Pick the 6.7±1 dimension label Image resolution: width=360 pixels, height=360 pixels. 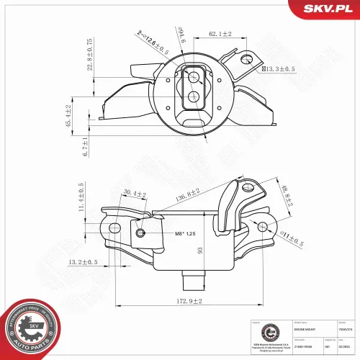(86, 146)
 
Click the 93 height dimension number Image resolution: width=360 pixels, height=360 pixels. (200, 251)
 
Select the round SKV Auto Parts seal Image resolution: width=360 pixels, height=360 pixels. (28, 328)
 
